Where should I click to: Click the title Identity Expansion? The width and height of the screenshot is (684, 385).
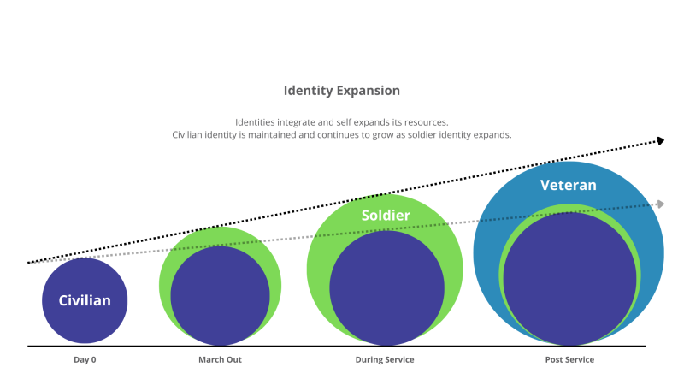click(341, 90)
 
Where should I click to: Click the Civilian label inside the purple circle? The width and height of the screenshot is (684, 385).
click(85, 300)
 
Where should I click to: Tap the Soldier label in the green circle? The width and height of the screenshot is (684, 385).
click(385, 216)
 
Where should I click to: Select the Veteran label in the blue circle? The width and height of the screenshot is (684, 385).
click(568, 185)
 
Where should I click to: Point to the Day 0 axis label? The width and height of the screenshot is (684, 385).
click(85, 360)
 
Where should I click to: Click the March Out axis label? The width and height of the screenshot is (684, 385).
click(220, 360)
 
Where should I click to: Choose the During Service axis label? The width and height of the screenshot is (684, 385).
click(385, 360)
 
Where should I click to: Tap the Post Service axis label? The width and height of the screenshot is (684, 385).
click(569, 360)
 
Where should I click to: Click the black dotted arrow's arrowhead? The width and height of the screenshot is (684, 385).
click(659, 141)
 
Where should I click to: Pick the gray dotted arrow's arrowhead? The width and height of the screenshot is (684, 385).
click(659, 204)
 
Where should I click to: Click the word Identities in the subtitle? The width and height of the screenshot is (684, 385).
click(256, 121)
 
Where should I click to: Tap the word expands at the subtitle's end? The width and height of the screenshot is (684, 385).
click(491, 135)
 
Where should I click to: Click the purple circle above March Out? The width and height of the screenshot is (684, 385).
click(220, 295)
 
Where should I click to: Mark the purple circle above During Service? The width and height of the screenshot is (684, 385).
click(386, 288)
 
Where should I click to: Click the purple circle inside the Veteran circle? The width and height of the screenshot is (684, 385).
click(569, 278)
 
